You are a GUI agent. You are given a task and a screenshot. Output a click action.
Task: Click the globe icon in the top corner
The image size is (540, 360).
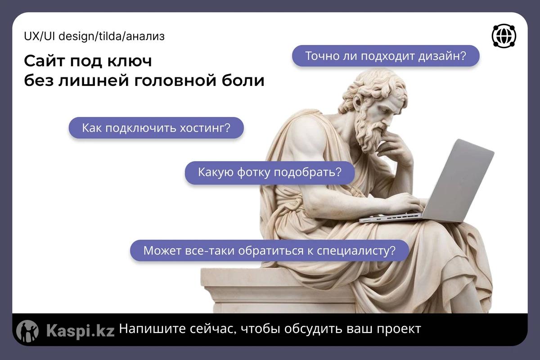504,36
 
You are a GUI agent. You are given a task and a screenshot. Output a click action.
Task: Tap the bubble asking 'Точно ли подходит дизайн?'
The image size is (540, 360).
386,56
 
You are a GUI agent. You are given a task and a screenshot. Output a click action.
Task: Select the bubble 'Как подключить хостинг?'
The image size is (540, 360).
156,128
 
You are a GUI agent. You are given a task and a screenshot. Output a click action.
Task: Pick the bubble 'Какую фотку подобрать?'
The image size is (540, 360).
270,172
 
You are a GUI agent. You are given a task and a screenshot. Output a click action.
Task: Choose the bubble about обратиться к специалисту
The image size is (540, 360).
269,251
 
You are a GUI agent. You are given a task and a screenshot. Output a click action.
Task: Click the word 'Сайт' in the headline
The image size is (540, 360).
45,61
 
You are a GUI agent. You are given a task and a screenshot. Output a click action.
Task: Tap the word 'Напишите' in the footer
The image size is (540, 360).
153,329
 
